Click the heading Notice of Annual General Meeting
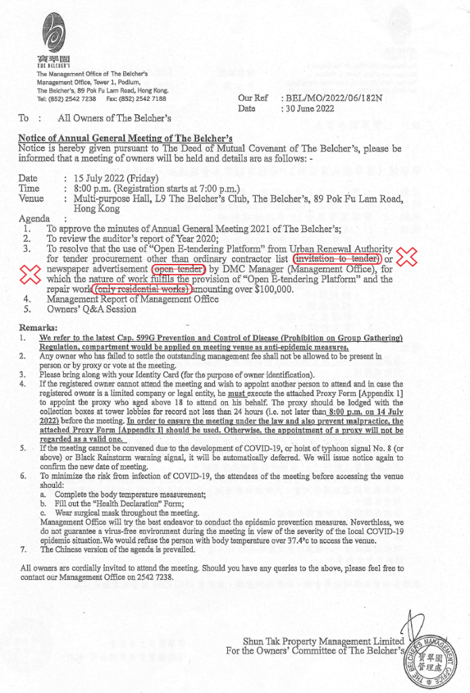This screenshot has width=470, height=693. point(125,138)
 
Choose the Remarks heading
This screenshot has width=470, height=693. point(40,328)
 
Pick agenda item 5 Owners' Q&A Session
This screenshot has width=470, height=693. point(91,309)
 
